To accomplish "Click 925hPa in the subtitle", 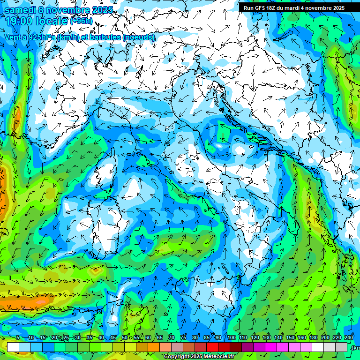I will tap(42, 37).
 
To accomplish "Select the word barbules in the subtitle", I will tap(105, 37).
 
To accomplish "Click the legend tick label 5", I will tap(18, 338).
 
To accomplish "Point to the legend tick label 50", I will tap(124, 338).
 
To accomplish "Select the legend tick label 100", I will tap(231, 338).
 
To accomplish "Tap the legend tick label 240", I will tap(349, 338).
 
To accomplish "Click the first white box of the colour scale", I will tap(13, 347).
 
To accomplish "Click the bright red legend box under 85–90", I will tap(212, 347).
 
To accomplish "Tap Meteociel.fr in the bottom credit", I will tap(222, 357).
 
